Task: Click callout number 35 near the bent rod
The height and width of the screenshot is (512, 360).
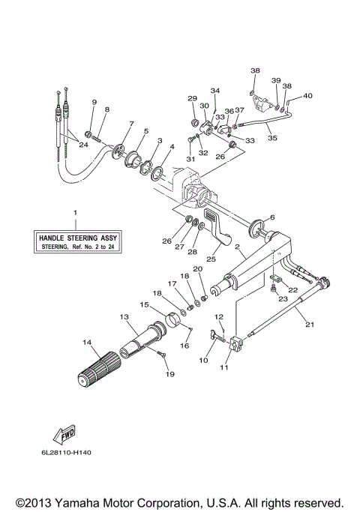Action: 271,138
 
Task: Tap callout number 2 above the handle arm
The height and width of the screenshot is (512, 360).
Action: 237,247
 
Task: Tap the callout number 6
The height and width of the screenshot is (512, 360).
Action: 272,217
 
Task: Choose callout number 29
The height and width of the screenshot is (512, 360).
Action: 191,98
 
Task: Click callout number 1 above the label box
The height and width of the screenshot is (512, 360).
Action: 74,214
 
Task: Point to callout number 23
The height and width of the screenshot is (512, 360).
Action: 282,298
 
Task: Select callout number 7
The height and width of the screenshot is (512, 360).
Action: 131,124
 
